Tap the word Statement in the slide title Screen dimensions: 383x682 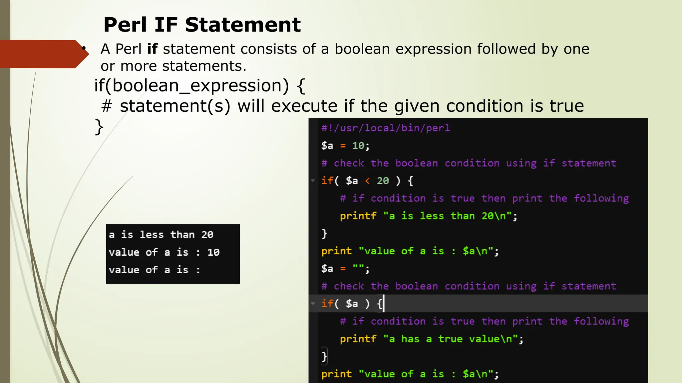pyautogui.click(x=243, y=25)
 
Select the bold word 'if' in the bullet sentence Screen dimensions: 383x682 pyautogui.click(x=152, y=49)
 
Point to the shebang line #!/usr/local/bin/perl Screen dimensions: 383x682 pyautogui.click(x=385, y=128)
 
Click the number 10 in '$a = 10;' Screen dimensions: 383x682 pyautogui.click(x=358, y=146)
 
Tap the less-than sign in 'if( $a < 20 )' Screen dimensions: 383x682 pyautogui.click(x=367, y=181)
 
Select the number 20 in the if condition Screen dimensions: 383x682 pyautogui.click(x=383, y=181)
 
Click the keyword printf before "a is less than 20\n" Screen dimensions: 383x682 pyautogui.click(x=358, y=216)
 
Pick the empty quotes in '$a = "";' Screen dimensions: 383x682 pyautogui.click(x=359, y=268)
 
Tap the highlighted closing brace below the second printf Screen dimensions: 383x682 pyautogui.click(x=324, y=356)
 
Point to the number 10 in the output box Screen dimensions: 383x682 pyautogui.click(x=213, y=252)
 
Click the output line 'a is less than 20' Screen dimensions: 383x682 pyautogui.click(x=161, y=235)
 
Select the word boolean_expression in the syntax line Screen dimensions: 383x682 pyautogui.click(x=200, y=86)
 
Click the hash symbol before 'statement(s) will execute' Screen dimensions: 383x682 pyautogui.click(x=107, y=106)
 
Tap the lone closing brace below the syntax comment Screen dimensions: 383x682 pyautogui.click(x=99, y=127)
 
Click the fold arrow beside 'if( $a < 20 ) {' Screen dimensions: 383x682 pyautogui.click(x=313, y=181)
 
